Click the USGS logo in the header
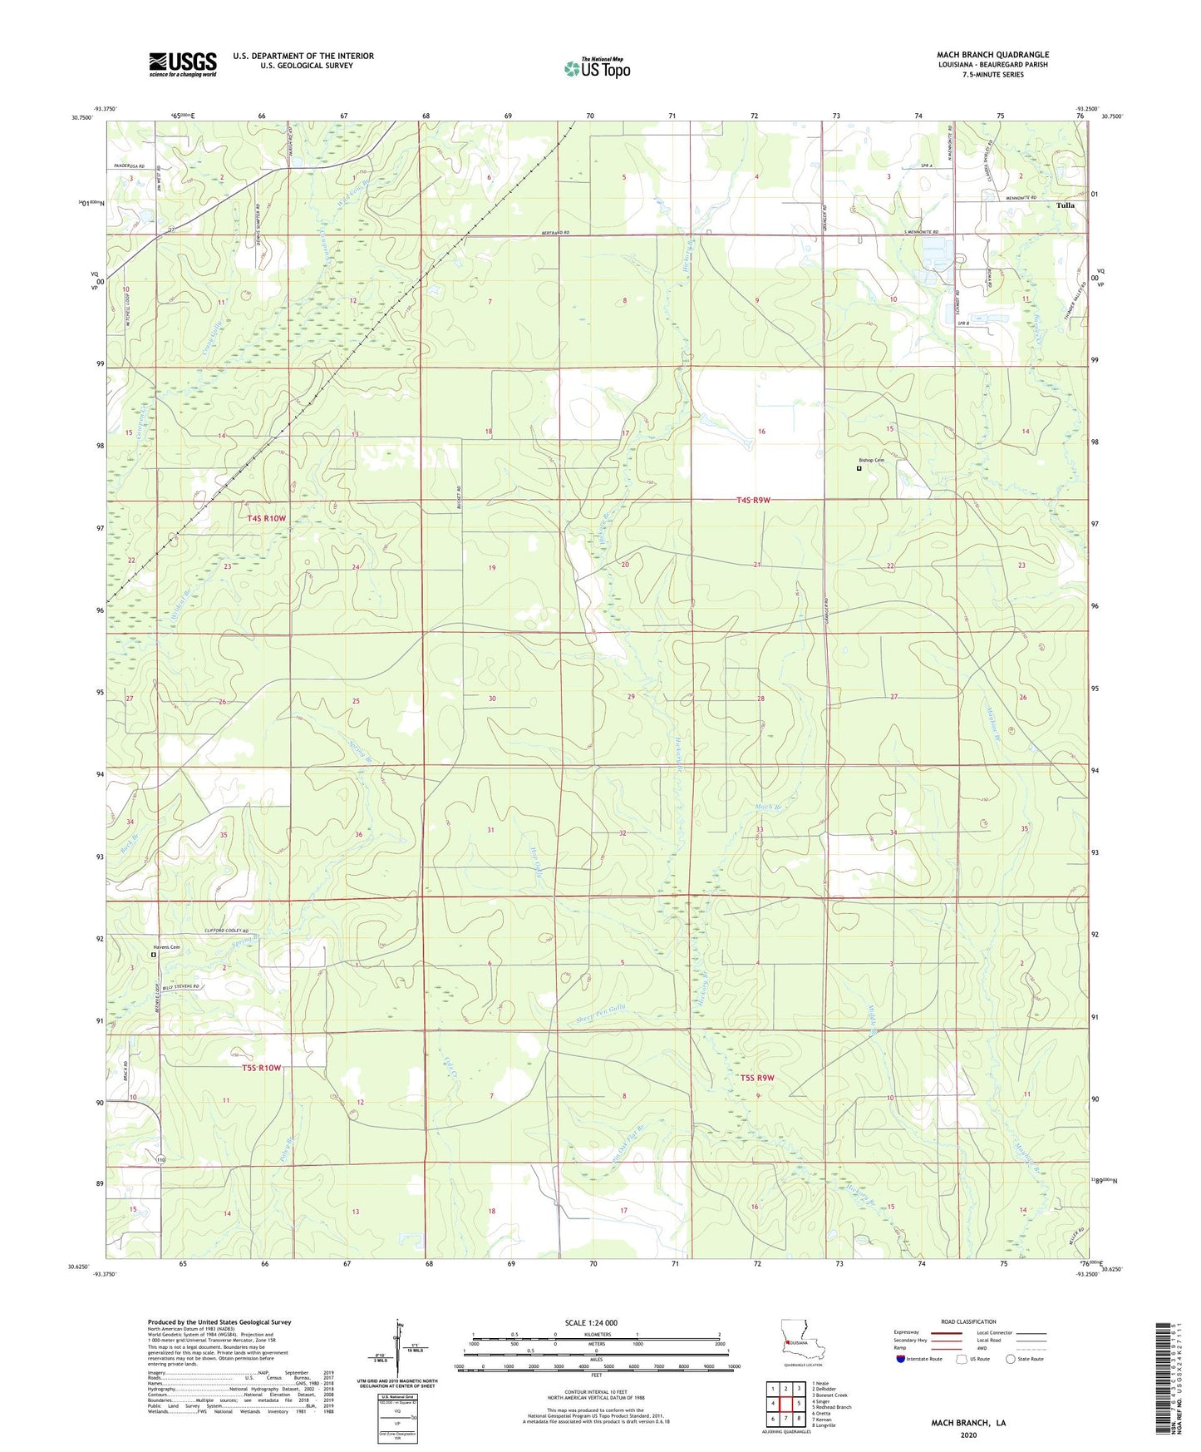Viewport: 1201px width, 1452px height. click(x=183, y=64)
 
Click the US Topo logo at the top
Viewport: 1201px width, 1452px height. click(x=598, y=67)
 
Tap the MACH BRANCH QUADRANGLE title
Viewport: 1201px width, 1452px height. click(x=992, y=55)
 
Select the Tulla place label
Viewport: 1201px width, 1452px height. click(x=1065, y=205)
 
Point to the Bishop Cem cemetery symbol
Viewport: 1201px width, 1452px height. click(x=859, y=468)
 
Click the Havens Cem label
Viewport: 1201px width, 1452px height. click(x=166, y=947)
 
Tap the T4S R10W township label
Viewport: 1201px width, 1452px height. click(x=266, y=518)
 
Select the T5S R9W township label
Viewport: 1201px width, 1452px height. click(x=756, y=1078)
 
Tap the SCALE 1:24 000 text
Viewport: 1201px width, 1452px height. click(x=591, y=1322)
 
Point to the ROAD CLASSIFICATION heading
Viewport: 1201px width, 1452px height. click(x=967, y=1321)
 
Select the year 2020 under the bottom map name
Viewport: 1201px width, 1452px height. click(x=968, y=1435)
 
